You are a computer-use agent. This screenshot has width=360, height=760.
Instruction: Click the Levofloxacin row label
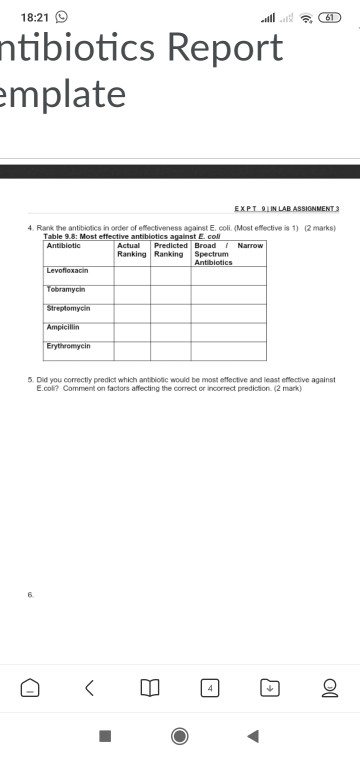pyautogui.click(x=67, y=271)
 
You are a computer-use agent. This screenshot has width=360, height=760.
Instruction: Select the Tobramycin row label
pyautogui.click(x=67, y=289)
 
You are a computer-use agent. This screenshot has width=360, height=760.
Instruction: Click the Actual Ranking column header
pyautogui.click(x=132, y=250)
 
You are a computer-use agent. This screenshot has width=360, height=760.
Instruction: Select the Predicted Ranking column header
pyautogui.click(x=170, y=250)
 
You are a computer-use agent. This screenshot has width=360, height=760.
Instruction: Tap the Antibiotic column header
pyautogui.click(x=65, y=246)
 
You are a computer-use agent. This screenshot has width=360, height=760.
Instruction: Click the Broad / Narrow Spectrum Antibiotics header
pyautogui.click(x=228, y=254)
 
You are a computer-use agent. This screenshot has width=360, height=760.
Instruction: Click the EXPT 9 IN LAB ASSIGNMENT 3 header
pyautogui.click(x=286, y=209)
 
